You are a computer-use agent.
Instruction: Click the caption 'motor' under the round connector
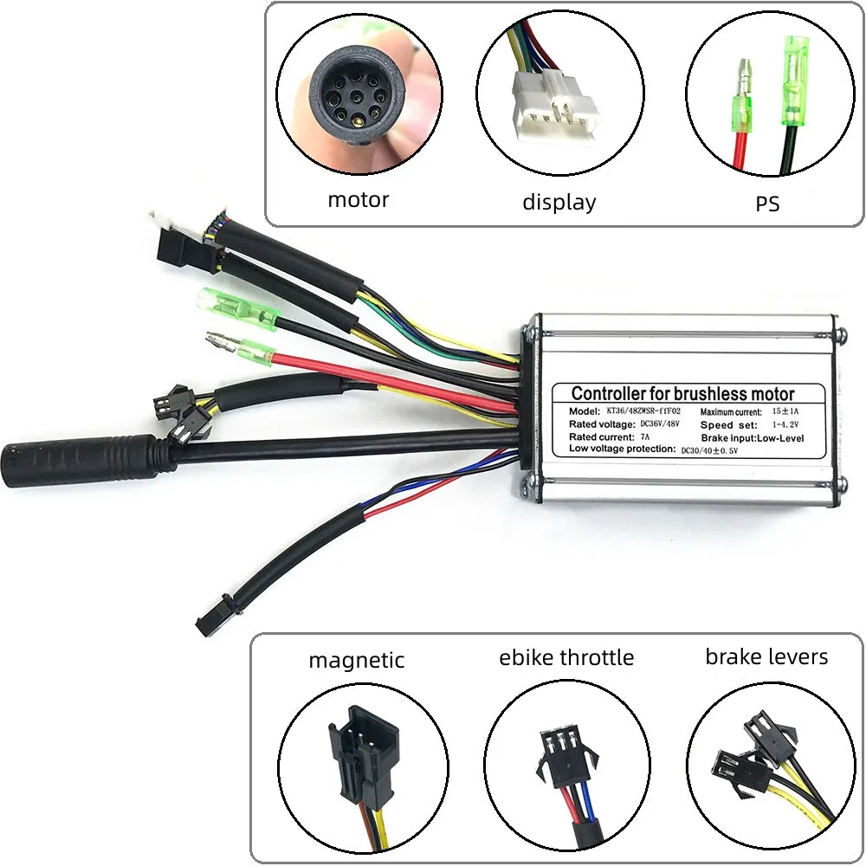[x=359, y=199]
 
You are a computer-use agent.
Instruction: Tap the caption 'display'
[x=559, y=202]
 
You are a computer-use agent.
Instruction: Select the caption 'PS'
[x=767, y=204]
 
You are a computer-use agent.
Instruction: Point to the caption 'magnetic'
[x=356, y=660]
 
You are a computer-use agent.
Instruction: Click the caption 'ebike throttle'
[x=566, y=657]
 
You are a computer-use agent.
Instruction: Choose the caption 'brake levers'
[x=766, y=656]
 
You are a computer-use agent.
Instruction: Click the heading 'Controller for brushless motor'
[x=682, y=393]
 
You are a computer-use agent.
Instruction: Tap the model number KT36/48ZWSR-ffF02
[x=643, y=410]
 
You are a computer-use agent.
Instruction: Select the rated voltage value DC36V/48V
[x=659, y=423]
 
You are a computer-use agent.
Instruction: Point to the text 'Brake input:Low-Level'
[x=753, y=438]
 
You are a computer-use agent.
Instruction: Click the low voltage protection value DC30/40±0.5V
[x=709, y=450]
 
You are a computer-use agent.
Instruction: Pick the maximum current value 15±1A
[x=785, y=410]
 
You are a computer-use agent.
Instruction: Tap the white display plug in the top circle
[x=555, y=103]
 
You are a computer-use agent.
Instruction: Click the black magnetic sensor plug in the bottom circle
[x=363, y=753]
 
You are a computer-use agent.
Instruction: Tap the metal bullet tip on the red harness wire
[x=221, y=339]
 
